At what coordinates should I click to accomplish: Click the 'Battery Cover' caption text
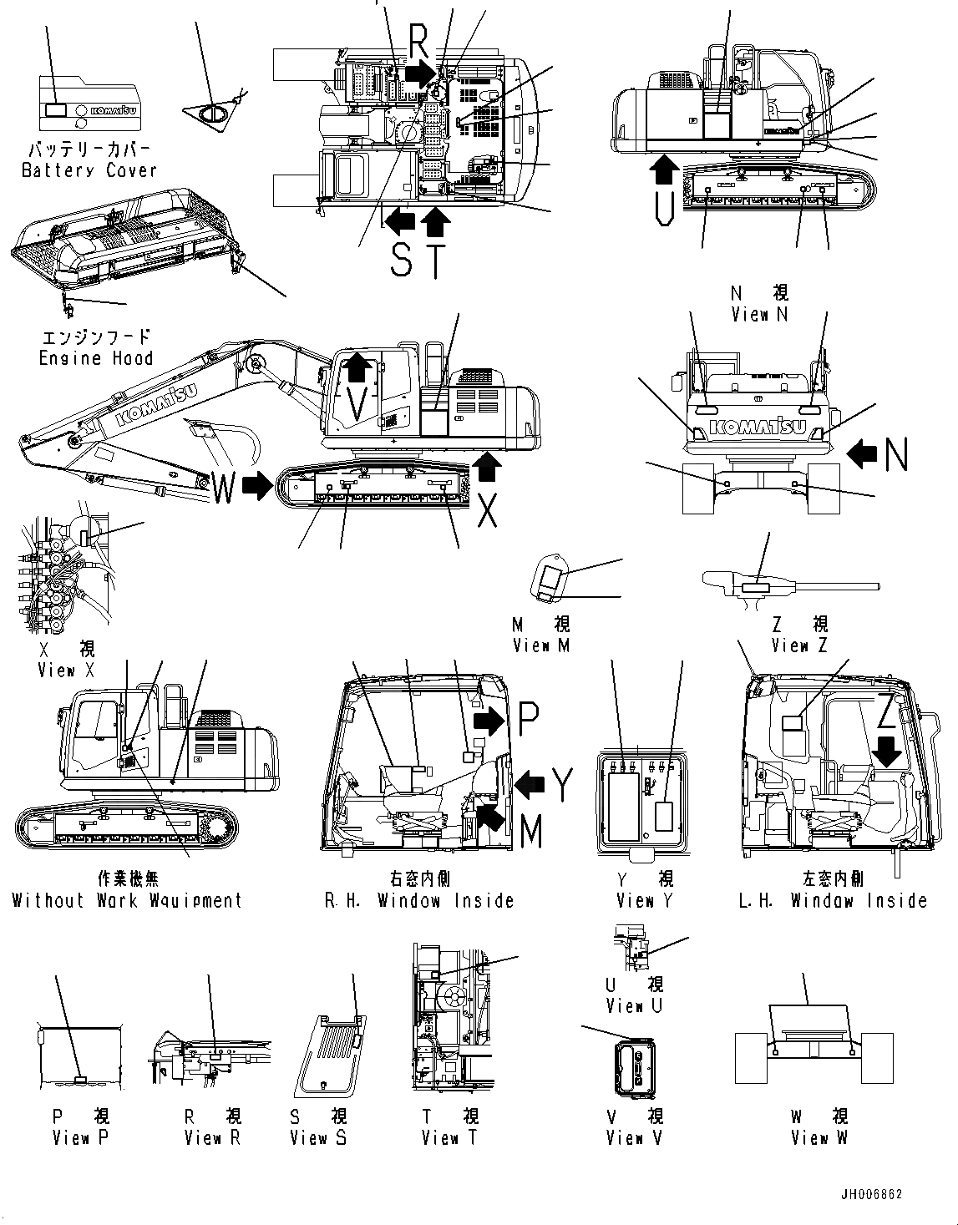click(89, 170)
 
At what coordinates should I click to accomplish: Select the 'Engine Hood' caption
click(96, 358)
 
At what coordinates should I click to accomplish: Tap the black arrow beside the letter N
click(863, 453)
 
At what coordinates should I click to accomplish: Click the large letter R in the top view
click(420, 38)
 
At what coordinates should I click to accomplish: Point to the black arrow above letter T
click(436, 220)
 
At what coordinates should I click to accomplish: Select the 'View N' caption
click(758, 315)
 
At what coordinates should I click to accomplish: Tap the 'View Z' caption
click(800, 645)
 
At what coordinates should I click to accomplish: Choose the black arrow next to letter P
click(489, 719)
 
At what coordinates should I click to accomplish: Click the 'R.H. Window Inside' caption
click(419, 900)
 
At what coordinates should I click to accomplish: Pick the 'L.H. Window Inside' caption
click(832, 900)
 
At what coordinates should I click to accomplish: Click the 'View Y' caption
click(644, 900)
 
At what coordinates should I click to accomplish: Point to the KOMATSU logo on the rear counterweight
click(758, 428)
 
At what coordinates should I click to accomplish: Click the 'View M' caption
click(541, 645)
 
